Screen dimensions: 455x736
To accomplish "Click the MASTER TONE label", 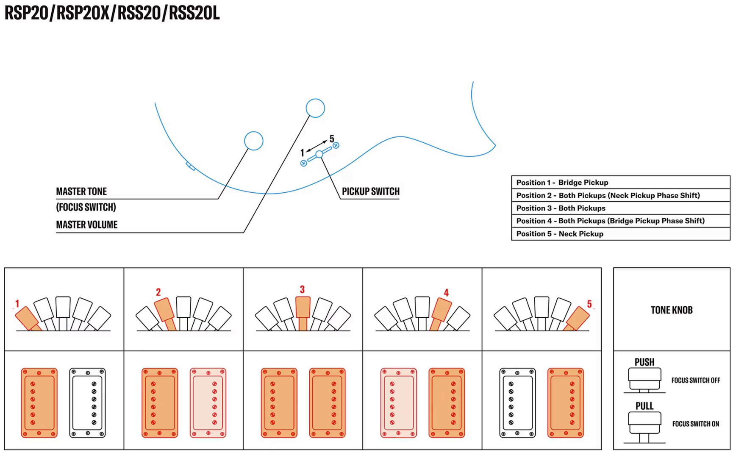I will coord(81,191).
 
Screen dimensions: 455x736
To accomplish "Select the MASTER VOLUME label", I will coord(87,225).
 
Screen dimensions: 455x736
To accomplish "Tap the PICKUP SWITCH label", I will coord(371,191).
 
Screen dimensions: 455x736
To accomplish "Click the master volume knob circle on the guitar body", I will coord(315,108).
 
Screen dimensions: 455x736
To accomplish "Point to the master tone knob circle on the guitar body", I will coord(254,141).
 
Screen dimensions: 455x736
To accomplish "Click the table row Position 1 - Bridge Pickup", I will coord(620,183).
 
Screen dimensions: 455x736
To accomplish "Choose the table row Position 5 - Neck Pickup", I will coord(620,234).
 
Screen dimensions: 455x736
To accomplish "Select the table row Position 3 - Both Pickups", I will coord(620,208).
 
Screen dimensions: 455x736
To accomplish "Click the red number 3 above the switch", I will coord(302,289).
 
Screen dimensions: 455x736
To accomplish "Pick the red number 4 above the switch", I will coord(446,293).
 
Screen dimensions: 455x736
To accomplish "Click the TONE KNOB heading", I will coord(672,310).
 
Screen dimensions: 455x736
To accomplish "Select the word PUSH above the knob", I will coord(644,362).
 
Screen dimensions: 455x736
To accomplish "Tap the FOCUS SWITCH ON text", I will coord(695,424).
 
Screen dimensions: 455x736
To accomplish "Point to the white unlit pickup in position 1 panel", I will coord(87,402).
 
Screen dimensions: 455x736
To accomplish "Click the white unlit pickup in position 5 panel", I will coord(518,402).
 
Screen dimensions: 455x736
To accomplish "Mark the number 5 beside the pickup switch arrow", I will coord(332,139).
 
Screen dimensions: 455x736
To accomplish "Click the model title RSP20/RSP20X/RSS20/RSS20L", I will coord(112,13).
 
